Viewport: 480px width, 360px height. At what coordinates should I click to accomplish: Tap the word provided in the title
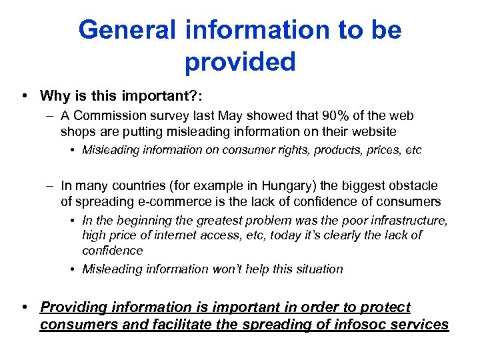coord(240,62)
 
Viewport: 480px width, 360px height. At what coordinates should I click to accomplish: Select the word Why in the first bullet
coord(55,96)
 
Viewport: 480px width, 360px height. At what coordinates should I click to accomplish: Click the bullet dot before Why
coord(25,96)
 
